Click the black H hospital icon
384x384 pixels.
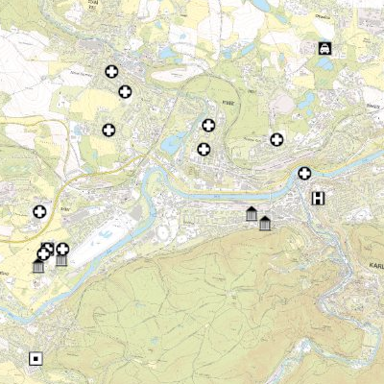point(318,199)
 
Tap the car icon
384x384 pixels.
point(325,48)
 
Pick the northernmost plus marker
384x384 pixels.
point(111,72)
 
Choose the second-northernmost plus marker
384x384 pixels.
point(125,92)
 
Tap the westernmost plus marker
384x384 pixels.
point(40,211)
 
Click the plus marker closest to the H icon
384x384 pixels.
point(304,173)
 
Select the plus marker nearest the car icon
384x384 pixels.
point(277,139)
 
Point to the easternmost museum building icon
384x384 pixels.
point(265,224)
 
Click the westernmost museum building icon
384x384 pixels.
point(39,265)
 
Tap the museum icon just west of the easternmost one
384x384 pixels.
point(252,214)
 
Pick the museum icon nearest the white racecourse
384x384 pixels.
point(61,259)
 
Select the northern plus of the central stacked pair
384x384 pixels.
point(208,125)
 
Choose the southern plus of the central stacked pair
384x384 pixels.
point(204,149)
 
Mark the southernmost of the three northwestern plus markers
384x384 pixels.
point(108,130)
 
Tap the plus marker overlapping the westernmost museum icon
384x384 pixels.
point(44,253)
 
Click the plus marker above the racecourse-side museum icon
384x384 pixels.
point(62,249)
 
